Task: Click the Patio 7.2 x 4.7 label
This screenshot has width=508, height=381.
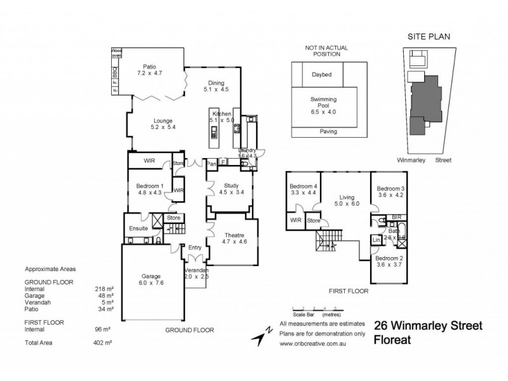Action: [x=150, y=69]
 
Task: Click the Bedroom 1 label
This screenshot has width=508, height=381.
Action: [x=150, y=189]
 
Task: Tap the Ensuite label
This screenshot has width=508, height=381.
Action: [x=138, y=228]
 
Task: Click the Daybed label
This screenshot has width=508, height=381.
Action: [x=323, y=74]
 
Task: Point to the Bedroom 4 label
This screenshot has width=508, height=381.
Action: [x=303, y=189]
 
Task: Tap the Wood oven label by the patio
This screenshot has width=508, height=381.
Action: [x=117, y=52]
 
